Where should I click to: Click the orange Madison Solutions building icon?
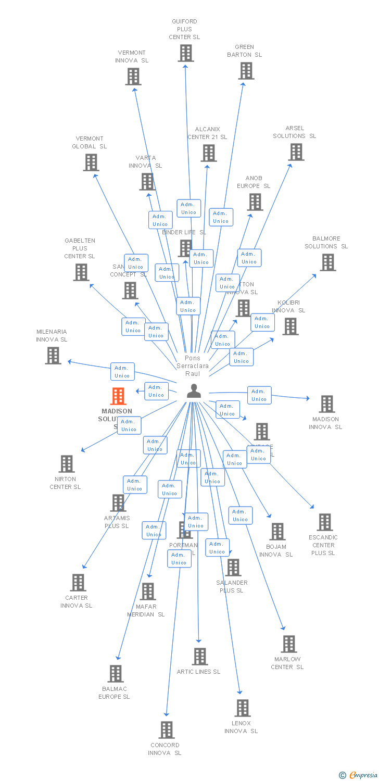(x=118, y=396)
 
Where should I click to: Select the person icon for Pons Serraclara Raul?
(x=194, y=391)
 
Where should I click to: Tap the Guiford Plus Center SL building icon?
(x=185, y=53)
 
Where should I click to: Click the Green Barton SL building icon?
(x=246, y=71)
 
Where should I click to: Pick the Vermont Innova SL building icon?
(x=133, y=77)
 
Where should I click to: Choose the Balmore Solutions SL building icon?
(x=327, y=262)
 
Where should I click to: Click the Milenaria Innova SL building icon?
(x=53, y=356)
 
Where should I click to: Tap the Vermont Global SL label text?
(x=90, y=143)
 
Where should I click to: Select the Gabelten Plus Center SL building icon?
(x=81, y=272)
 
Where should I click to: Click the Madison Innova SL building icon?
(x=326, y=404)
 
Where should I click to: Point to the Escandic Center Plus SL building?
(x=324, y=522)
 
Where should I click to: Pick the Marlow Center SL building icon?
(x=288, y=644)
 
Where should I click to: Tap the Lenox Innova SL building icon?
(x=242, y=708)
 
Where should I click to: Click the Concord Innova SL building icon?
(x=167, y=730)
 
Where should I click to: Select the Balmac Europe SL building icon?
(x=116, y=674)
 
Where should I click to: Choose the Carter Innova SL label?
(x=76, y=601)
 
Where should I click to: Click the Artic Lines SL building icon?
(x=199, y=657)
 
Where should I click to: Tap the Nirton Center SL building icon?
(x=67, y=464)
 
